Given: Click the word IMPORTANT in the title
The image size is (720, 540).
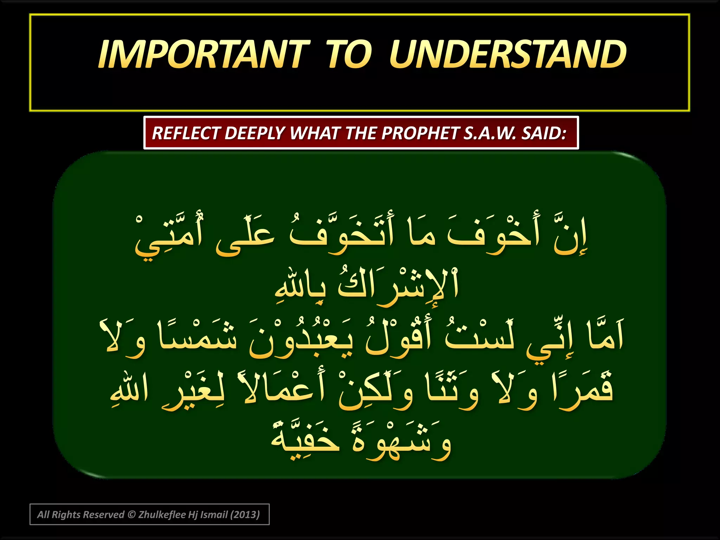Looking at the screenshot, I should (x=204, y=54).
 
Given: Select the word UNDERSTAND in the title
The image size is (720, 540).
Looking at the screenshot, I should (x=508, y=54).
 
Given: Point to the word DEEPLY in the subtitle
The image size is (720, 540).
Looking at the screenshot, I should (x=255, y=133).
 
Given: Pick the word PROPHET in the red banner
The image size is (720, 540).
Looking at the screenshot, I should (x=420, y=133).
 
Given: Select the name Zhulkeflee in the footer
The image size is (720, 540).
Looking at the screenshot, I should (x=162, y=515).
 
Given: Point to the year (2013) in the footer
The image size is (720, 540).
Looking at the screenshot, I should (x=245, y=515).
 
